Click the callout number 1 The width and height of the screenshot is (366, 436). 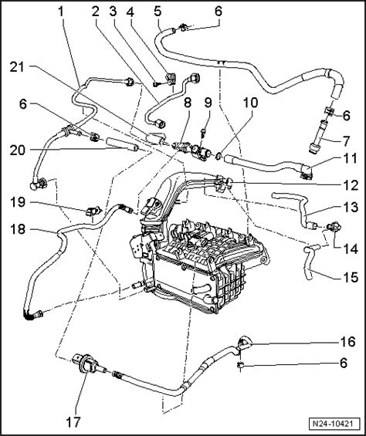(61, 11)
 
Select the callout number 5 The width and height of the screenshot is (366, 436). (158, 11)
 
